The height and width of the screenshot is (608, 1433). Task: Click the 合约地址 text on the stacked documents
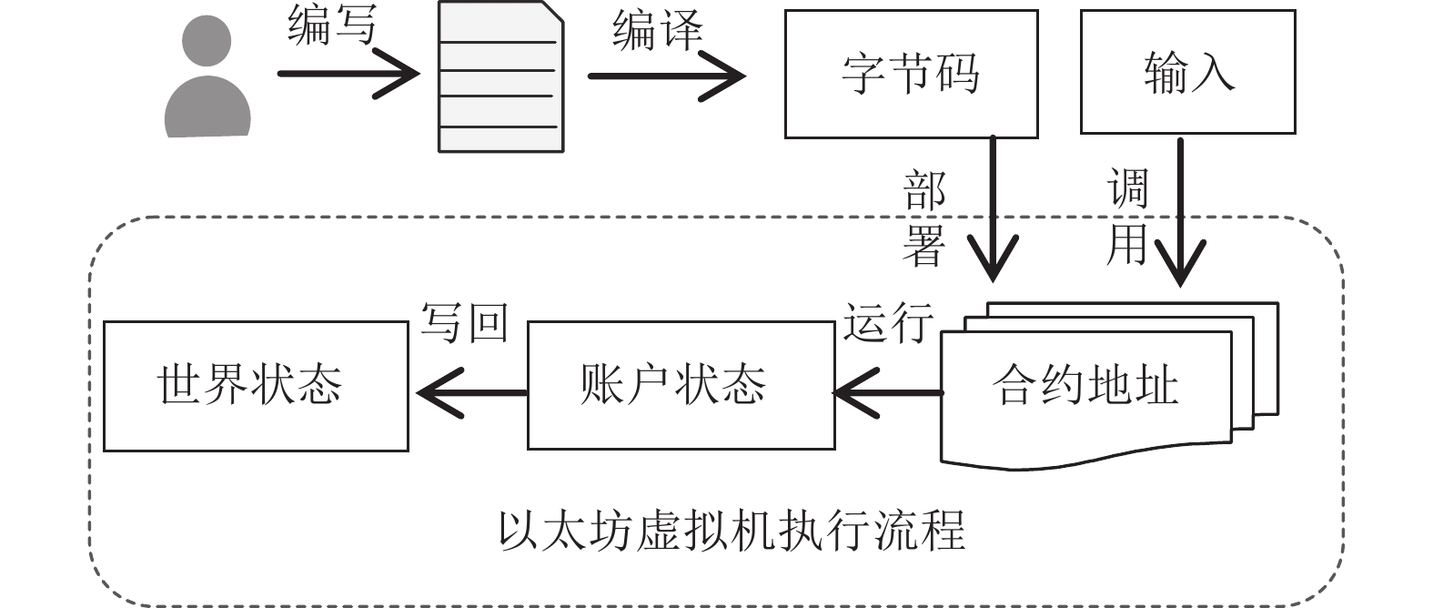point(1085,385)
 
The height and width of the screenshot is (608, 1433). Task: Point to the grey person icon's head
point(207,40)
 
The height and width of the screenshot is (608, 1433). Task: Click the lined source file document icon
point(501,76)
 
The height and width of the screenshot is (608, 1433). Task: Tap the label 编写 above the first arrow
point(332,25)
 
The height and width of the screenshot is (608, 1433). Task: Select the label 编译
point(658,29)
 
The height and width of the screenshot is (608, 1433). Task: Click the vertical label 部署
point(923,218)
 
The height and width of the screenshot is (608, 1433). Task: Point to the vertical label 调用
point(1127,217)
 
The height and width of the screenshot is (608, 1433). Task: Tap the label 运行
point(888,322)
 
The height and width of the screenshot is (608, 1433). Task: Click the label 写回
point(464,322)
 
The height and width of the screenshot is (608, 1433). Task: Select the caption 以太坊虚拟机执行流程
point(732,531)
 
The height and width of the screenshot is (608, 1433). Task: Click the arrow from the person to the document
point(348,74)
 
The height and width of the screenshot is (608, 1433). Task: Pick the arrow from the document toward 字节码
point(667,76)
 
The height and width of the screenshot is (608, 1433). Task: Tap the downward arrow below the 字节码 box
point(993,208)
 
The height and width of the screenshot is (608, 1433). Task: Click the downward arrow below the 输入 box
point(1180,212)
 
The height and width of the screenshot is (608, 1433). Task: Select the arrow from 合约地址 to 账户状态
point(889,393)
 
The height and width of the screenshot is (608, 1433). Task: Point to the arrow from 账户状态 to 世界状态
point(472,393)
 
